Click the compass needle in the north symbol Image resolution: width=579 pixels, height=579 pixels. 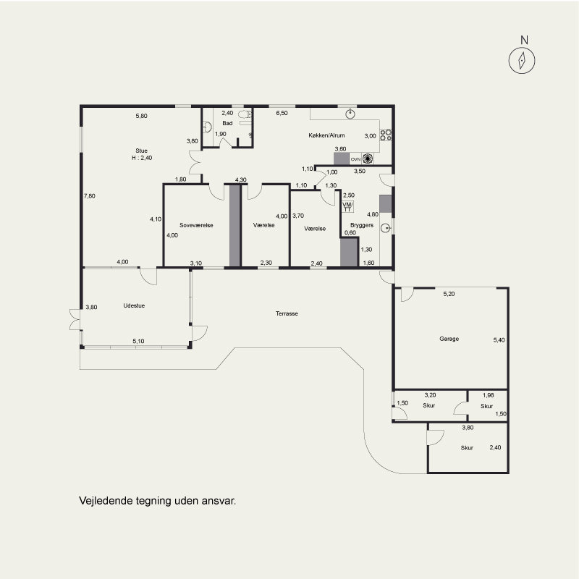click(x=522, y=61)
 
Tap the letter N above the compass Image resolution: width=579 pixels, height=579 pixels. click(x=524, y=40)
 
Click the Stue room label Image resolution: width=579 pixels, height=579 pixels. click(x=141, y=151)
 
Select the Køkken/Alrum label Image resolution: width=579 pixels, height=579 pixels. click(x=326, y=135)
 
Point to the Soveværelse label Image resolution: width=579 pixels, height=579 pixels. click(x=196, y=225)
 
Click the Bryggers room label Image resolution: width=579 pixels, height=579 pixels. click(x=362, y=225)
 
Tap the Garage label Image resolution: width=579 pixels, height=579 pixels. click(x=449, y=339)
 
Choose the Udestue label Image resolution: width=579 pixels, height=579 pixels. click(x=134, y=305)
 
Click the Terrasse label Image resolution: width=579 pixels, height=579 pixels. click(x=287, y=313)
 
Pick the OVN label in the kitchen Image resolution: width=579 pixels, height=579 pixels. click(x=355, y=159)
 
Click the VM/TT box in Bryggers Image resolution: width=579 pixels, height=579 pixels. click(x=347, y=207)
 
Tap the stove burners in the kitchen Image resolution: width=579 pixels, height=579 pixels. click(x=386, y=135)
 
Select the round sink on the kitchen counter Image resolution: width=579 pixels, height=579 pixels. click(x=350, y=114)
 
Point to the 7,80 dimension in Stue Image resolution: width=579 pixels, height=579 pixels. click(x=89, y=196)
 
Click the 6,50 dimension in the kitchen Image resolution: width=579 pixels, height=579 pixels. click(x=282, y=113)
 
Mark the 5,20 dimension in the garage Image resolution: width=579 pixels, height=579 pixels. click(x=449, y=294)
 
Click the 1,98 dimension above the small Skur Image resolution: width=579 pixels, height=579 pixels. click(x=488, y=395)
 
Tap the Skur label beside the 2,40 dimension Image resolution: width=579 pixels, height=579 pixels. click(x=467, y=448)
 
